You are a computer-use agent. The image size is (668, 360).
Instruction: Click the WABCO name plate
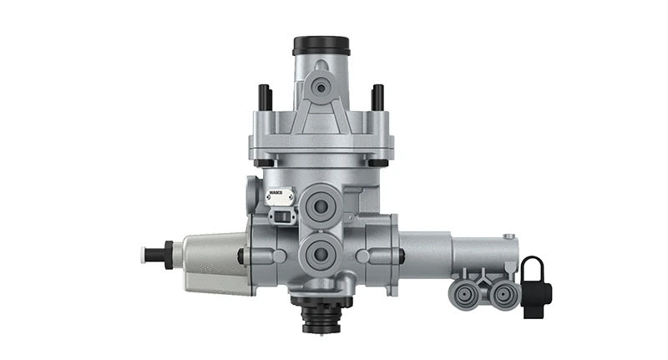click(279, 197)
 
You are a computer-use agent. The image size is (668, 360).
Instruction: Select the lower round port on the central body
click(320, 252)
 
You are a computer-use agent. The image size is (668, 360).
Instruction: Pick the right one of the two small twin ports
click(501, 293)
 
